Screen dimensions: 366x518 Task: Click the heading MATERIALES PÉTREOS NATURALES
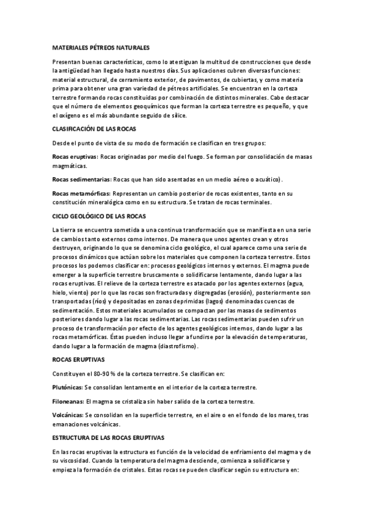coord(101,47)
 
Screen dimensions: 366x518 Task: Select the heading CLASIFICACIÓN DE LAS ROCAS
coord(94,129)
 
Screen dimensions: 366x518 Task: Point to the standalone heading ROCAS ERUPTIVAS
coord(78,360)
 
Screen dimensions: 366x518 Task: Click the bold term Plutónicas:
coord(68,387)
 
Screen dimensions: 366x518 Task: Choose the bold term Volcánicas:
coord(68,415)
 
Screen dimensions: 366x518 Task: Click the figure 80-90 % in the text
coord(105,373)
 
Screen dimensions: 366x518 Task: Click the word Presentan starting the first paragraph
coord(68,62)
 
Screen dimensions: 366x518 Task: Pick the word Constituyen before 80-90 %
coord(71,373)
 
